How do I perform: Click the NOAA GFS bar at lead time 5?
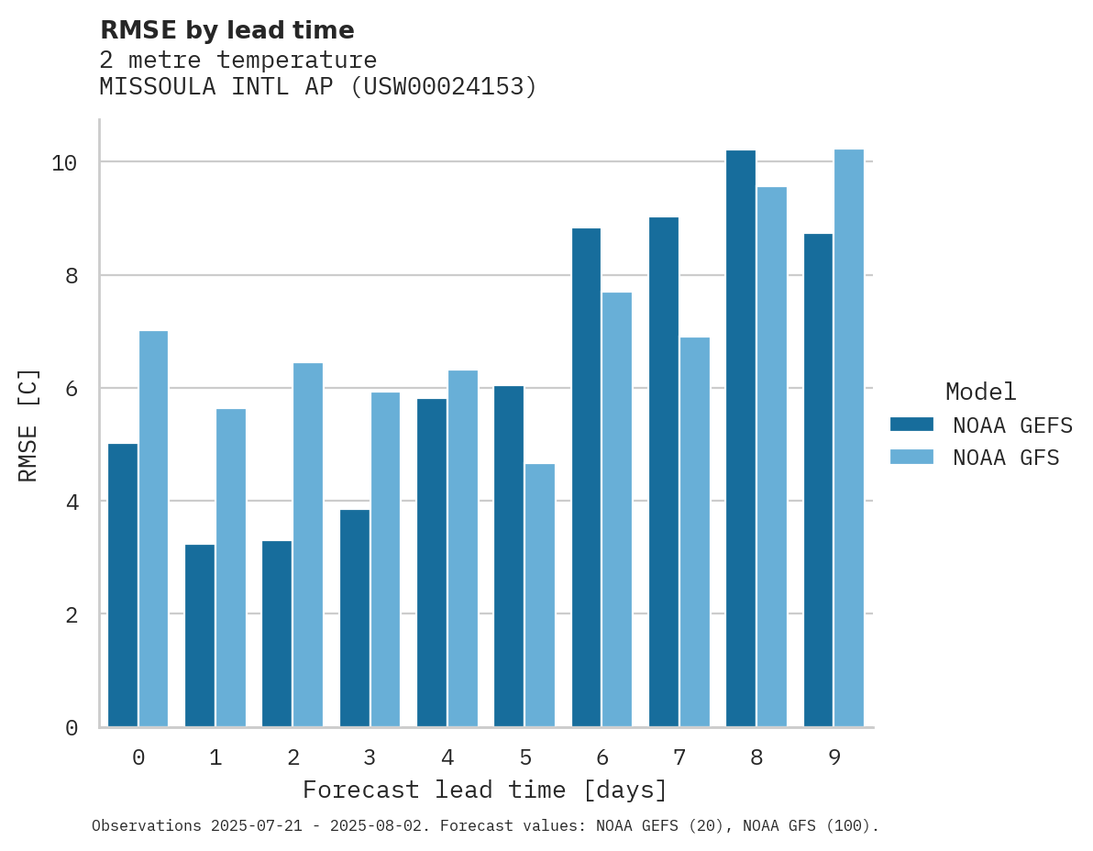(x=540, y=595)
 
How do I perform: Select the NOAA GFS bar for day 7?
(x=695, y=532)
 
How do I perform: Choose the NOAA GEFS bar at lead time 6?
(x=586, y=477)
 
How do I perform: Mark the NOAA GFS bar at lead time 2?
(x=308, y=545)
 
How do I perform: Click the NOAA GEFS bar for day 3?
(x=354, y=618)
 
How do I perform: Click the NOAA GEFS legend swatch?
(x=911, y=425)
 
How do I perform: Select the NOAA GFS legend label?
(x=1006, y=458)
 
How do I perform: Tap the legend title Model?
(x=980, y=392)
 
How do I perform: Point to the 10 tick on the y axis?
(x=63, y=163)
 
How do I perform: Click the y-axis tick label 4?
(x=71, y=502)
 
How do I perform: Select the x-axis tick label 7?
(x=679, y=757)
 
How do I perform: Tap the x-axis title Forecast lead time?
(x=485, y=790)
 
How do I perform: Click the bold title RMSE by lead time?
(x=226, y=30)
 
